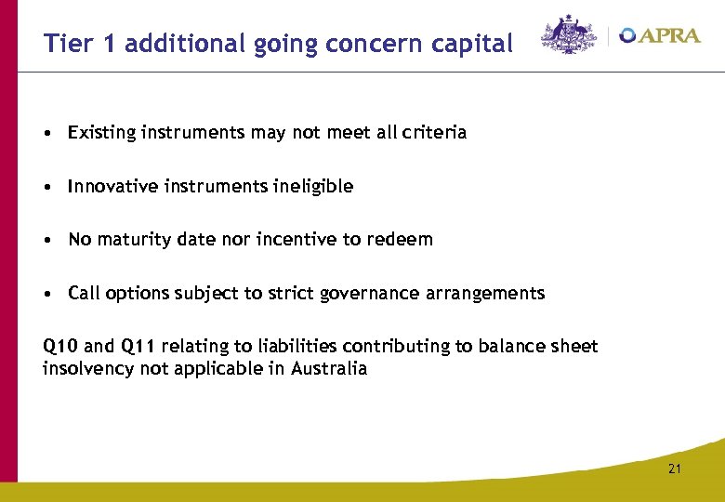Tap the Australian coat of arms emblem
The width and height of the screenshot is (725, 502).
coord(569,35)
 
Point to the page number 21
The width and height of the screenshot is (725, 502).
coord(674,469)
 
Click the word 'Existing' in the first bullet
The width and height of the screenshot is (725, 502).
coord(102,133)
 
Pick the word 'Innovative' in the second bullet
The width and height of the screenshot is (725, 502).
coord(112,186)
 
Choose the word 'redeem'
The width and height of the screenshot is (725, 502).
coord(402,240)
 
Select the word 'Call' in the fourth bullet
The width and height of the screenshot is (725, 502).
coord(84,294)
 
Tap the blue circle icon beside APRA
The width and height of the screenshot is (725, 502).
coord(627,35)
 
